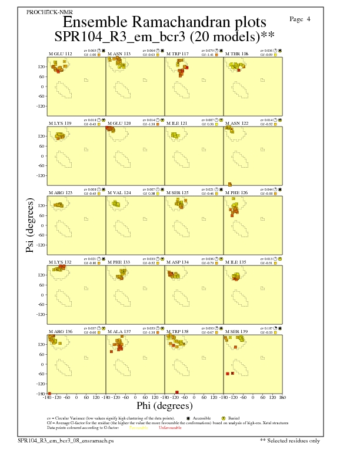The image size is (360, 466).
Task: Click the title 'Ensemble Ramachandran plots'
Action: pos(169,22)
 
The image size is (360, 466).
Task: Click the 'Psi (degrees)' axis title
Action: pos(31,225)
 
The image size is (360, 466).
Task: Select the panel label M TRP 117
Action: pos(178,54)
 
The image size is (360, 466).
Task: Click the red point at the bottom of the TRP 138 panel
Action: pos(177,392)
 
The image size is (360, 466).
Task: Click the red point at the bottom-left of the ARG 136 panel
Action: pos(49,393)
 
